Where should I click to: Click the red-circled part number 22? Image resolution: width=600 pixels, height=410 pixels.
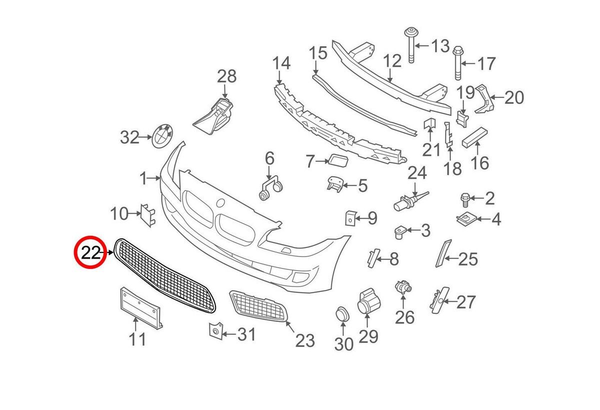click(91, 252)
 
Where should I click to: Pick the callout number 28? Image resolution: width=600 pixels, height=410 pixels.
click(226, 77)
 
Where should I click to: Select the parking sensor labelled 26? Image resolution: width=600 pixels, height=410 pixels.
click(402, 286)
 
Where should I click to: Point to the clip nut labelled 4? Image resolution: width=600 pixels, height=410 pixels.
click(465, 218)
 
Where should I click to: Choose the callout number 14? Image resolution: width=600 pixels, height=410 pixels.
click(281, 63)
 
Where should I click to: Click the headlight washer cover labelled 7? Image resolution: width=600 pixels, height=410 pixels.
click(335, 160)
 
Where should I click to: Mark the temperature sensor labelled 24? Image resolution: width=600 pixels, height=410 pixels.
click(407, 201)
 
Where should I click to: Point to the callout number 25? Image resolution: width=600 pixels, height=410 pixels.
click(468, 259)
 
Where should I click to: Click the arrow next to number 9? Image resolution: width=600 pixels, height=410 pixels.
click(361, 218)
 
